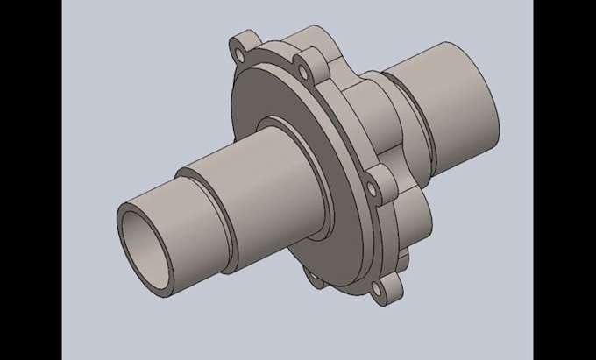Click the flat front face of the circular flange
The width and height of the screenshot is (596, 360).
click(263, 96)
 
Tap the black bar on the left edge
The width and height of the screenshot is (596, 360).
click(31, 180)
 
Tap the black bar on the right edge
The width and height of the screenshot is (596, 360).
click(564, 180)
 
